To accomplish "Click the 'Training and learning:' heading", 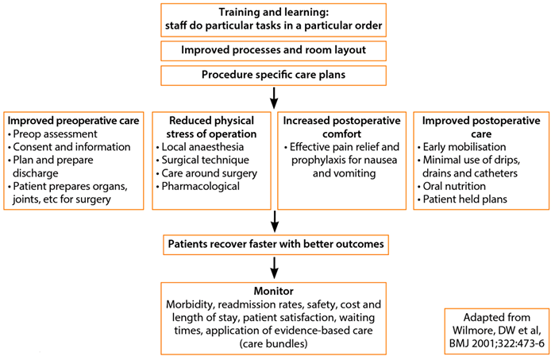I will pyautogui.click(x=274, y=13).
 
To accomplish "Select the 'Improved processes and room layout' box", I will pyautogui.click(x=274, y=51).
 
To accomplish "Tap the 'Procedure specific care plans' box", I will pyautogui.click(x=274, y=75).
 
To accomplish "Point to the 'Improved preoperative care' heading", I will pyautogui.click(x=73, y=121).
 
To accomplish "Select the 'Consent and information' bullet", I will pyautogui.click(x=68, y=147).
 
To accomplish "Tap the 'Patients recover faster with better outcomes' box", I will pyautogui.click(x=274, y=243).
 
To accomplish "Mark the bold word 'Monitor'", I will pyautogui.click(x=274, y=291).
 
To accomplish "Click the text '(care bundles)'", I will pyautogui.click(x=274, y=343).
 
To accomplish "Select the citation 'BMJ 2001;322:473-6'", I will pyautogui.click(x=495, y=343).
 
